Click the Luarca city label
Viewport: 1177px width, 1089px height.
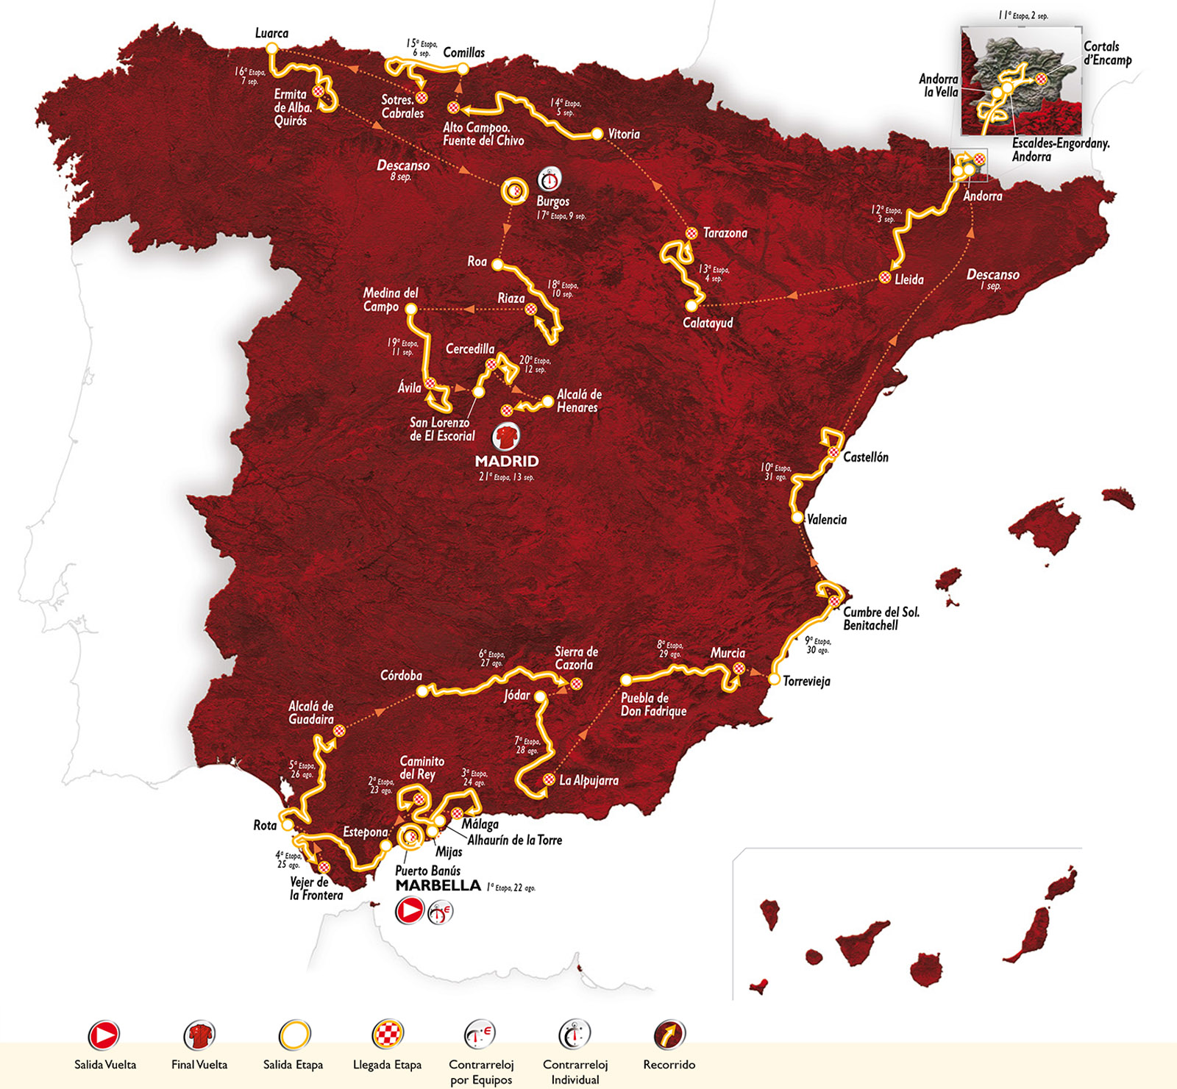pos(271,33)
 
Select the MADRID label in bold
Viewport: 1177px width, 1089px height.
pos(507,461)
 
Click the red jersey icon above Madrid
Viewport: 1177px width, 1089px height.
pos(506,437)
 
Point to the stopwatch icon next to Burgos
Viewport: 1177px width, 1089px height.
pos(549,179)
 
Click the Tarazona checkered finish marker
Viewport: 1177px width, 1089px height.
pos(691,233)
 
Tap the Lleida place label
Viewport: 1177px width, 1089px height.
pos(909,279)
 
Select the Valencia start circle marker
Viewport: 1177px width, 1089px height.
pos(797,518)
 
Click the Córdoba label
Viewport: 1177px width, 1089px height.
pos(401,675)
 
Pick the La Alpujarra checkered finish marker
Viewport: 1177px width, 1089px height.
pos(549,779)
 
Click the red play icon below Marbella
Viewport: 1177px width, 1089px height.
pos(409,911)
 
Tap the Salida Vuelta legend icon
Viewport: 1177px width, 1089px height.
pos(104,1035)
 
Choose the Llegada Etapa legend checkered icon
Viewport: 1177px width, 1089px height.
pos(387,1035)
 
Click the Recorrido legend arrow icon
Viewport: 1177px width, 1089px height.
pos(669,1035)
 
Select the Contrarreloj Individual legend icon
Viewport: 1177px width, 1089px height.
pos(575,1035)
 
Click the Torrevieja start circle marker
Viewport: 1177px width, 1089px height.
pos(774,679)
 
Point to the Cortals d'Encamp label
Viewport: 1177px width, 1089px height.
pos(1106,53)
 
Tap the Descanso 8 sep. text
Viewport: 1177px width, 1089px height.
pos(403,170)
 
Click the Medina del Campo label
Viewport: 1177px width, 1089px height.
pos(390,299)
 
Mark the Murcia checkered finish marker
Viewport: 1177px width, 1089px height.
pos(739,668)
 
